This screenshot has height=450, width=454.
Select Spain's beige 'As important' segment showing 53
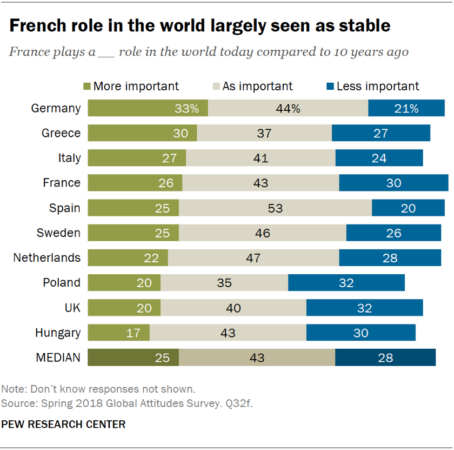coord(275,208)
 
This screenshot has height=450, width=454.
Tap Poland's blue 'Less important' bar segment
coord(346,282)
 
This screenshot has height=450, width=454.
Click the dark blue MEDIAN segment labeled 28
coord(385,358)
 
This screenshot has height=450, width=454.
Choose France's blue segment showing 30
coord(393,183)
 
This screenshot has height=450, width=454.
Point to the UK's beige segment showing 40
coord(233,307)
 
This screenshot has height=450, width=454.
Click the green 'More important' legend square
coord(87,86)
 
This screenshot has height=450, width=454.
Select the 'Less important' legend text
coord(378,86)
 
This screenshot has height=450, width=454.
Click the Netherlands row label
coord(47,257)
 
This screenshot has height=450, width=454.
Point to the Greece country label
coord(61,133)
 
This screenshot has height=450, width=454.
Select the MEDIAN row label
coord(58,358)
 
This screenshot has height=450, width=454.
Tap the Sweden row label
coord(58,233)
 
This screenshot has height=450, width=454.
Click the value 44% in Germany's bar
coord(288,108)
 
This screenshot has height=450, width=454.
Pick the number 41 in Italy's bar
coord(261,158)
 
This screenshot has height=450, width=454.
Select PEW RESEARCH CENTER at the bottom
coord(63,424)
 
